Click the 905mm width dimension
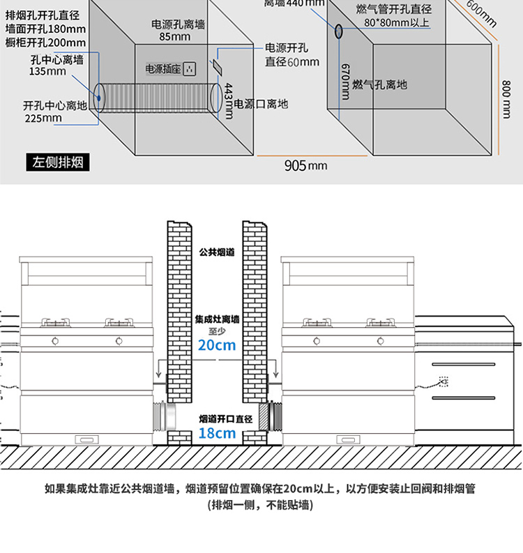[305, 165]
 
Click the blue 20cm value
[217, 344]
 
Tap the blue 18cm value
[217, 433]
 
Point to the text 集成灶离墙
[217, 319]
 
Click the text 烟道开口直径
[217, 418]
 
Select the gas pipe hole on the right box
[339, 31]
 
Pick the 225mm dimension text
[43, 118]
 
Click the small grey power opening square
[217, 65]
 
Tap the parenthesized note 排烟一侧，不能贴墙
[261, 505]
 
